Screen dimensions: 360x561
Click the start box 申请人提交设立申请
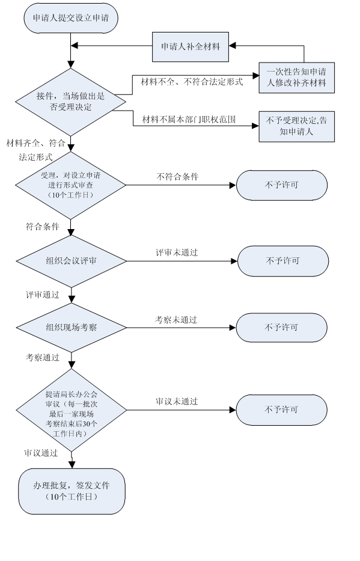(71, 18)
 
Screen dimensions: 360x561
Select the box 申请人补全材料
(191, 47)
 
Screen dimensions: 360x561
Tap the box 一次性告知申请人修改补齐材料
(297, 78)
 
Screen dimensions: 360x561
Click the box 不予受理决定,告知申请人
(297, 126)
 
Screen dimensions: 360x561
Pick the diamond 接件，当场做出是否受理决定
(71, 102)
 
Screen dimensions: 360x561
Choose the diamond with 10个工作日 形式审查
(71, 185)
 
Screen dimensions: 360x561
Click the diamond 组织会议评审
(72, 261)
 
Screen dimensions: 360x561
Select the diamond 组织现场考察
(72, 328)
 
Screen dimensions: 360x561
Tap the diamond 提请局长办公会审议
(72, 410)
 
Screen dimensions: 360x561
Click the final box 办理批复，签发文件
(72, 491)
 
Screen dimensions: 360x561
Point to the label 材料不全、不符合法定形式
(192, 82)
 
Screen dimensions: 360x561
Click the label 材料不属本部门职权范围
(189, 120)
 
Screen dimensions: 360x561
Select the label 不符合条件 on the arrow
(177, 177)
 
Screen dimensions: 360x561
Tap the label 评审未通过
(177, 253)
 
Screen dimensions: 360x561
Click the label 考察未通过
(176, 320)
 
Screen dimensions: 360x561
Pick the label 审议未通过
(177, 402)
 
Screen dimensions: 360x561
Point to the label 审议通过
(41, 453)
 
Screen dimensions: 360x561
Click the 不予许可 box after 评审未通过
(283, 261)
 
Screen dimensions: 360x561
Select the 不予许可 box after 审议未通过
(282, 410)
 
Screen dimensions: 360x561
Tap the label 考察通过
(43, 357)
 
